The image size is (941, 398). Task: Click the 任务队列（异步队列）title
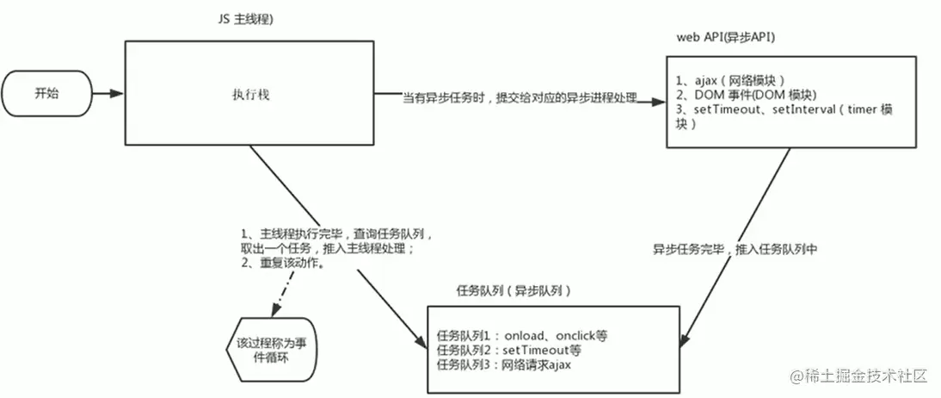513,291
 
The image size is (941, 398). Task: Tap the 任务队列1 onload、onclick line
527,334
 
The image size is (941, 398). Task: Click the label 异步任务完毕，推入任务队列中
734,249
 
